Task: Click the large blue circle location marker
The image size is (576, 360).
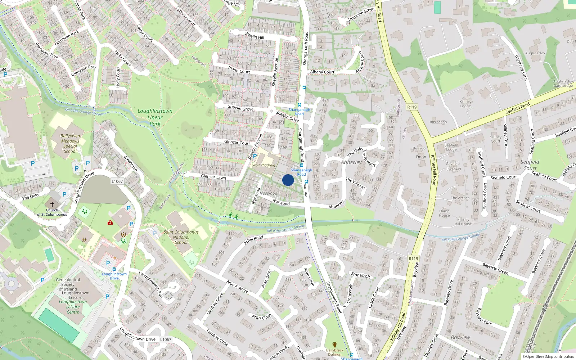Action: (x=288, y=180)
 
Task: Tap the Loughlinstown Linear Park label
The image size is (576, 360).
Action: (x=155, y=117)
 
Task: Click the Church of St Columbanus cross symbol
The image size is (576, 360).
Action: (x=52, y=204)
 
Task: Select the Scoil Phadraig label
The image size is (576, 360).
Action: (x=264, y=165)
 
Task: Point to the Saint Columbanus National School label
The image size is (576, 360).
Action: (x=181, y=237)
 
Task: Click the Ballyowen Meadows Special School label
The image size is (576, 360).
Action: (x=70, y=144)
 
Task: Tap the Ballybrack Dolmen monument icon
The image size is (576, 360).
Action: (x=335, y=345)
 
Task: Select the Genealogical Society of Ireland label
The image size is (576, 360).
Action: (x=68, y=284)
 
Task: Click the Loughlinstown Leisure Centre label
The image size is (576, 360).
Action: (x=73, y=307)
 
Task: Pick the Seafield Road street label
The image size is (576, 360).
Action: (x=517, y=108)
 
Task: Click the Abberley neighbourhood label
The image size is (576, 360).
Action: (x=351, y=162)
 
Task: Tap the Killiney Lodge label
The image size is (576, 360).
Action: (x=465, y=104)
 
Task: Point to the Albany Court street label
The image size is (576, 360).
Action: (x=322, y=72)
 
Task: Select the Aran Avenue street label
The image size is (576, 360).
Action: (x=237, y=286)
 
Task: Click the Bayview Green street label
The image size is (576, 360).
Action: (x=495, y=269)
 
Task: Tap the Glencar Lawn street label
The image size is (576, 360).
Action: (x=213, y=177)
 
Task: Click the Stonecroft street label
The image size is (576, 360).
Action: (x=360, y=275)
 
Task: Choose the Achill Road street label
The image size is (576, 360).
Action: (x=253, y=240)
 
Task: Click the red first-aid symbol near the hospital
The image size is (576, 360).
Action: (x=110, y=222)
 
